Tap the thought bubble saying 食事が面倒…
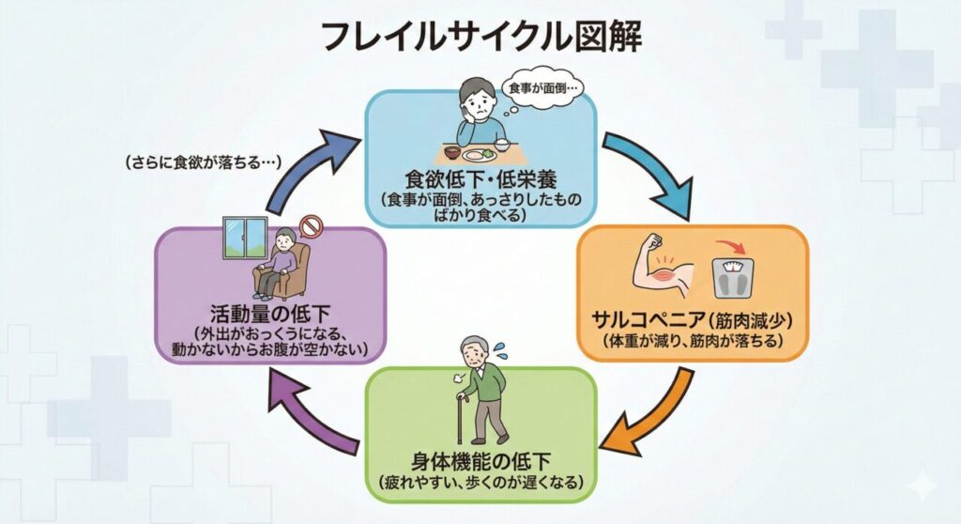(545, 90)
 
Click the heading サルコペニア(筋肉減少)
(693, 316)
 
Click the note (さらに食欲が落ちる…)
(204, 162)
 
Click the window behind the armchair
(244, 241)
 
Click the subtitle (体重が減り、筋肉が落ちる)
(693, 340)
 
